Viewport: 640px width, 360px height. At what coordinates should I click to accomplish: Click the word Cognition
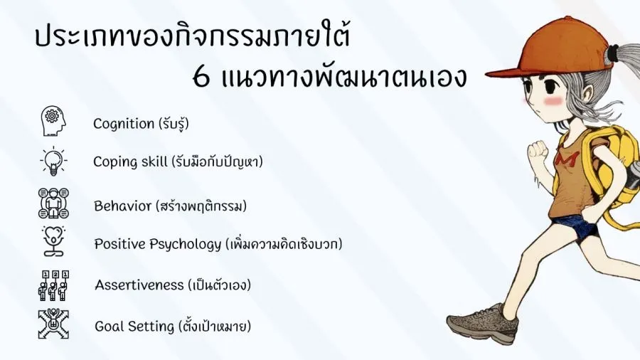click(124, 124)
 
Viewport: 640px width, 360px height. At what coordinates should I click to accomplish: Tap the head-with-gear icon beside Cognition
click(53, 121)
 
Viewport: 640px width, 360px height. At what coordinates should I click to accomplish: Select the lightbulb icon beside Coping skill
click(53, 161)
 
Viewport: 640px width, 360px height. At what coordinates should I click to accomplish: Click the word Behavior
click(122, 206)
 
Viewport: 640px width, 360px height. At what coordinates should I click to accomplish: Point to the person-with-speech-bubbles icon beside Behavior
click(53, 203)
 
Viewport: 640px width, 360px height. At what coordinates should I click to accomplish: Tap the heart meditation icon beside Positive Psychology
click(53, 240)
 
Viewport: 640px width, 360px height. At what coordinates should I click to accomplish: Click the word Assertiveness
click(139, 285)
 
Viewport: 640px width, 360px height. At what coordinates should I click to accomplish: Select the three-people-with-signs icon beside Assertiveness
click(53, 285)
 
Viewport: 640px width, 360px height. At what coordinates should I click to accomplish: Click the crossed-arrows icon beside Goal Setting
click(53, 324)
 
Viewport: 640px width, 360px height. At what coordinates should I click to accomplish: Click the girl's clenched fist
click(538, 150)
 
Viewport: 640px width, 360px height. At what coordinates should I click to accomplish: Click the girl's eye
click(549, 85)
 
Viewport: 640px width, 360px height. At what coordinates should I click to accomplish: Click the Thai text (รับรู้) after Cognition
click(172, 124)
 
